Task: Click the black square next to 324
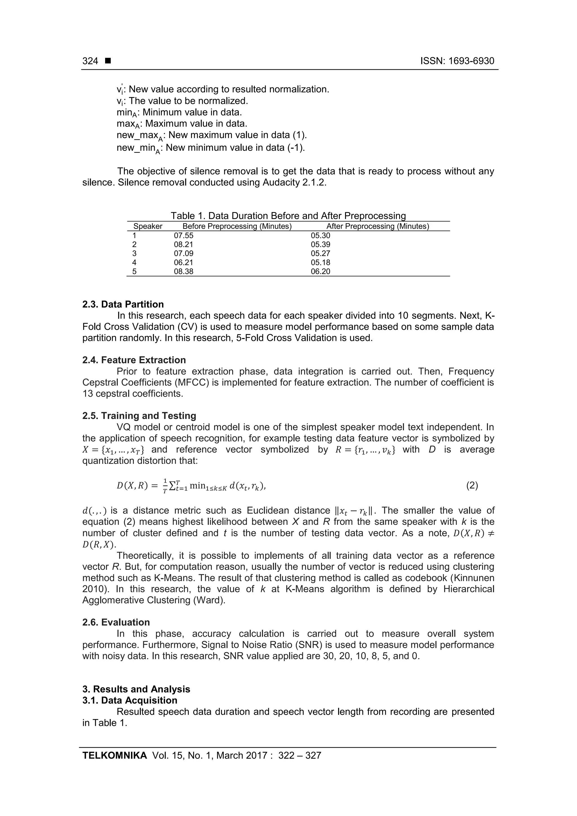[108, 61]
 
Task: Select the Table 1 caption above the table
[288, 216]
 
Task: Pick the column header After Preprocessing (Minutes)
[378, 226]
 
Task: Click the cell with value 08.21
[183, 244]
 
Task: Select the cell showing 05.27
[320, 254]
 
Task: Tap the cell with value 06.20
[320, 272]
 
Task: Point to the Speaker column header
[148, 226]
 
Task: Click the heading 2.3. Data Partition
[123, 304]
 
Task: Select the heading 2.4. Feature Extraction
[134, 360]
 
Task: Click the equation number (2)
[472, 486]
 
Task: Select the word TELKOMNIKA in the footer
[114, 766]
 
